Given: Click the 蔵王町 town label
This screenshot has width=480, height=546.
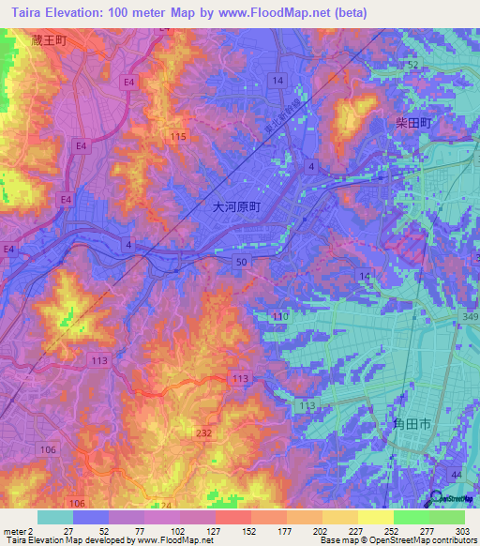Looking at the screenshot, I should tap(48, 41).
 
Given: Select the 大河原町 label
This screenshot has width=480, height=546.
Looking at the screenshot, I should tap(235, 210).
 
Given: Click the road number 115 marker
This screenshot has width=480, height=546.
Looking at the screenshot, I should tap(179, 137).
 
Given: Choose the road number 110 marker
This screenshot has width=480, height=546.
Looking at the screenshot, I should tap(278, 317).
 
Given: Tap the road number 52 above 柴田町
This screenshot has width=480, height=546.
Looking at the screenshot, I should tap(412, 63).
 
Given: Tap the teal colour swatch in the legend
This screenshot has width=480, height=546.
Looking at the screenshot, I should tap(55, 517).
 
